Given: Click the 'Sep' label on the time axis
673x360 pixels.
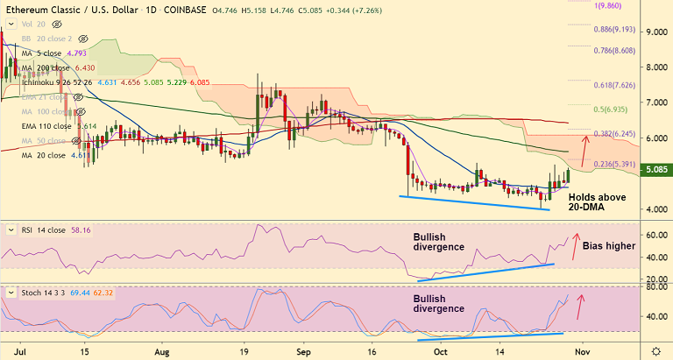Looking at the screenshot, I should click(x=304, y=349).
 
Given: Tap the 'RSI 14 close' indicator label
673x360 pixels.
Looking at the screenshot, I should click(x=43, y=229).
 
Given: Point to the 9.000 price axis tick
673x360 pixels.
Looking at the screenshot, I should click(x=652, y=32).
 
